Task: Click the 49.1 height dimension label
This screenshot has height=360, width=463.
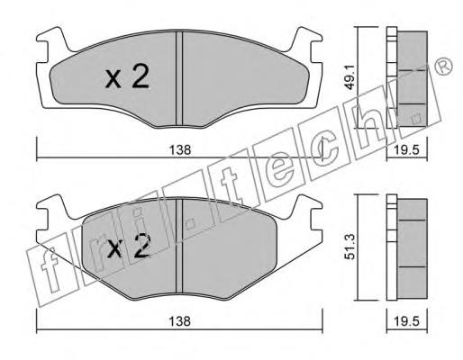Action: point(350,77)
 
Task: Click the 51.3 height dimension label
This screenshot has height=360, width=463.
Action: point(350,247)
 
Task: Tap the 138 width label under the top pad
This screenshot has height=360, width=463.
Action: point(180,149)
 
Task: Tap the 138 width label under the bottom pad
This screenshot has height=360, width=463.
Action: point(180,321)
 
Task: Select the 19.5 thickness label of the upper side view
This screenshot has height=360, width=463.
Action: point(406,149)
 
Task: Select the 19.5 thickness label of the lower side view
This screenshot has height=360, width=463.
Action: point(406,321)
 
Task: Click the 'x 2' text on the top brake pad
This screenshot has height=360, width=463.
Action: point(127,77)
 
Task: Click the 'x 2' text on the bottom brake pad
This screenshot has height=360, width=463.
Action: point(129,247)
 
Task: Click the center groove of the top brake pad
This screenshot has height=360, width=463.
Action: point(179,78)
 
